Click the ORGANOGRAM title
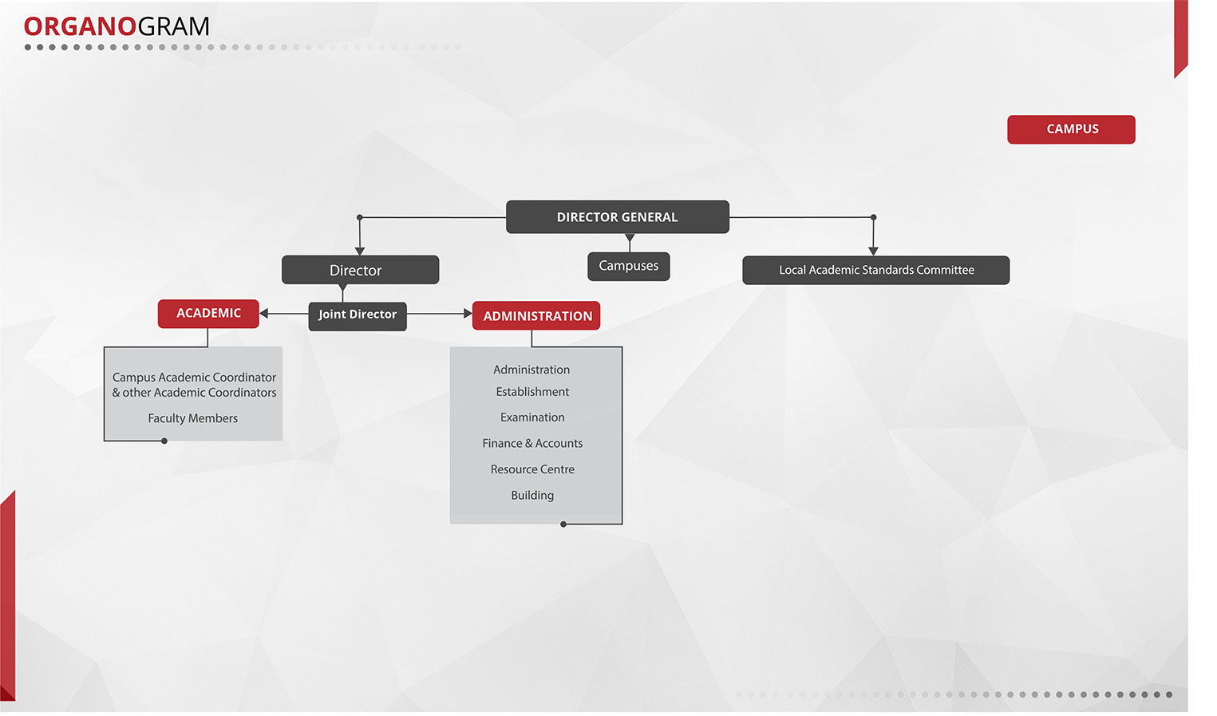point(117,26)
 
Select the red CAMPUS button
point(1071,129)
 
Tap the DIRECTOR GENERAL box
point(617,217)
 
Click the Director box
point(360,270)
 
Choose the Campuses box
point(628,266)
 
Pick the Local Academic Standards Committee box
point(875,270)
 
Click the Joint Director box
point(358,314)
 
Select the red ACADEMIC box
point(208,314)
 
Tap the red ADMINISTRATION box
point(536,316)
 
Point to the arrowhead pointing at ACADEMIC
point(264,314)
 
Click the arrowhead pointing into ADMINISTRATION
point(468,314)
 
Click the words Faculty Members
point(192,418)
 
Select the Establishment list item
point(532,392)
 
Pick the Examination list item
point(532,417)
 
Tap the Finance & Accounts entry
point(532,444)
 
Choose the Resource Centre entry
point(532,469)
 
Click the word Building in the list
point(532,496)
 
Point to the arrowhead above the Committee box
point(873,251)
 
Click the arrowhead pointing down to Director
point(360,251)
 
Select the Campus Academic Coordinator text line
point(194,378)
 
